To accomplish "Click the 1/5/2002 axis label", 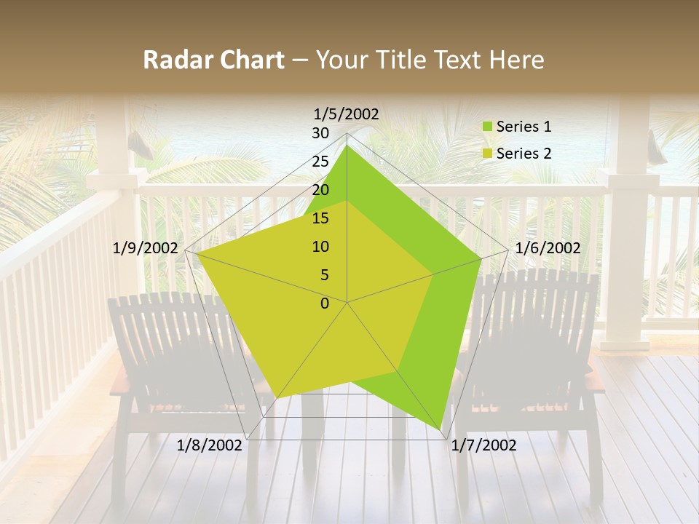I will (x=346, y=114).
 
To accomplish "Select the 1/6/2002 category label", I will (x=548, y=248).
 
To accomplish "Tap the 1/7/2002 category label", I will (x=483, y=445).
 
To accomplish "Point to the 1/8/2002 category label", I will (x=209, y=445).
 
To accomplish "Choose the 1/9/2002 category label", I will (x=145, y=248).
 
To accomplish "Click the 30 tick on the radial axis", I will (x=320, y=133).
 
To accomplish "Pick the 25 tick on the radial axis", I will (x=320, y=162).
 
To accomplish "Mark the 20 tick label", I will (x=320, y=190).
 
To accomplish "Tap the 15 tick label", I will (x=320, y=218).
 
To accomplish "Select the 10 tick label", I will (x=320, y=247).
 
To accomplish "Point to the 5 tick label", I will (x=324, y=275).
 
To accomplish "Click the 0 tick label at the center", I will (x=324, y=303).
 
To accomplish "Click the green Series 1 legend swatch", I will (x=487, y=127).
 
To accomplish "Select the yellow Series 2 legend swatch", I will (x=487, y=154).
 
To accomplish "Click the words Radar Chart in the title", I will (x=213, y=60).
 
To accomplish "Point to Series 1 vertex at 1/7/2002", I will (x=441, y=429).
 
